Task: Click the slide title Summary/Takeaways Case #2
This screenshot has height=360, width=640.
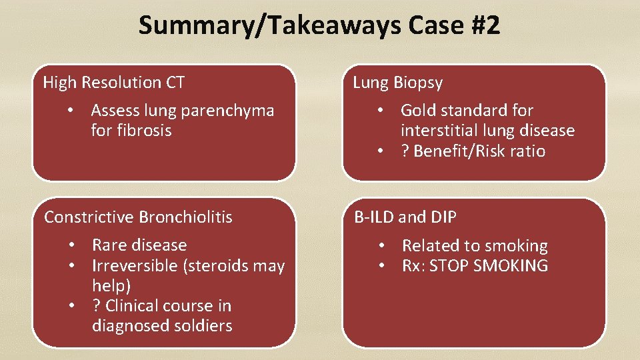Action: pyautogui.click(x=319, y=26)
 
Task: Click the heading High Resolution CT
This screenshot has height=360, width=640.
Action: pyautogui.click(x=113, y=83)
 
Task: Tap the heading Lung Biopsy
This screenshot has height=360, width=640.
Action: pyautogui.click(x=397, y=83)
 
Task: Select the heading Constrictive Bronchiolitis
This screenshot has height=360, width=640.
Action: pyautogui.click(x=138, y=217)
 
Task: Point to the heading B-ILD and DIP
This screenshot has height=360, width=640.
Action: pyautogui.click(x=405, y=217)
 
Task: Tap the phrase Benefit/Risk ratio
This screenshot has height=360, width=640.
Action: pyautogui.click(x=479, y=151)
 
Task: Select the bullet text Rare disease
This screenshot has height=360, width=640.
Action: pyautogui.click(x=139, y=245)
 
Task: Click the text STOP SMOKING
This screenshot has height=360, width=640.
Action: pyautogui.click(x=489, y=267)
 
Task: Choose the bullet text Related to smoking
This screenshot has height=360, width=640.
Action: pyautogui.click(x=475, y=246)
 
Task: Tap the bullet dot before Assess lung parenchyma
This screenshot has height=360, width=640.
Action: pyautogui.click(x=79, y=111)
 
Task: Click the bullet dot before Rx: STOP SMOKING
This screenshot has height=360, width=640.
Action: pyautogui.click(x=383, y=267)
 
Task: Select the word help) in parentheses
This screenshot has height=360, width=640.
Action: pyautogui.click(x=111, y=286)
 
